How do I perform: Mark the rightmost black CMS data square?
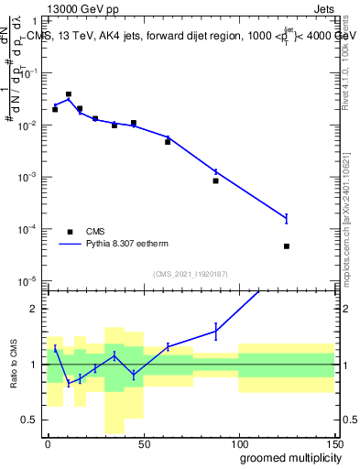pos(287,246)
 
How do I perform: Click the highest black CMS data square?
pos(69,94)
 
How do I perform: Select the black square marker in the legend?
pos(70,232)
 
